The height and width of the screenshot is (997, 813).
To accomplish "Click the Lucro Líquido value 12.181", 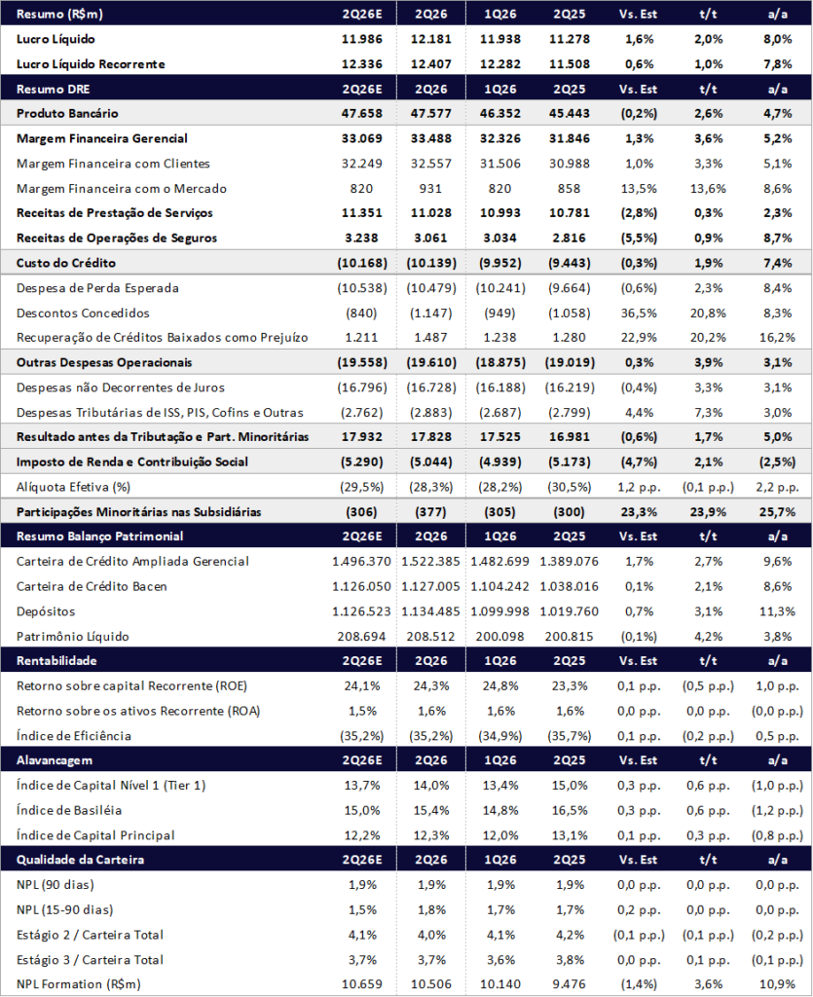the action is click(x=431, y=39).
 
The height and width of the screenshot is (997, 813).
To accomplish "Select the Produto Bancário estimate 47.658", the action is click(x=361, y=113).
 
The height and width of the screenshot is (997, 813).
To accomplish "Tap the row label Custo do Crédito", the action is click(x=66, y=263).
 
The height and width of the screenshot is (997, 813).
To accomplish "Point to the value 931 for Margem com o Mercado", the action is click(x=430, y=188).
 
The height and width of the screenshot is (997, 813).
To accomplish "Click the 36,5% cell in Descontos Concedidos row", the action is click(x=639, y=313).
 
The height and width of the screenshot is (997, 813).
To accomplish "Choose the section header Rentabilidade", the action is click(x=56, y=661).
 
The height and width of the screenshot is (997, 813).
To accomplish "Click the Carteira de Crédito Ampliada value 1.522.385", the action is click(x=430, y=562).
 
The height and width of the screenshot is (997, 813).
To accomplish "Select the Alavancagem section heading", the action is click(x=54, y=759).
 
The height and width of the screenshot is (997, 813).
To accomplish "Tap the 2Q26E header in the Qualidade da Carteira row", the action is click(x=361, y=860).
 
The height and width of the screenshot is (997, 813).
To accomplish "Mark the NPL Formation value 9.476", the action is click(x=569, y=984).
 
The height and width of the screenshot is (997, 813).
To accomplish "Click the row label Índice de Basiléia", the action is click(x=69, y=810).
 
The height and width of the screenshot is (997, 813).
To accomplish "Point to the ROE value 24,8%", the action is click(x=500, y=685).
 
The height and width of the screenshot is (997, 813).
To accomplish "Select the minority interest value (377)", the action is click(x=430, y=512).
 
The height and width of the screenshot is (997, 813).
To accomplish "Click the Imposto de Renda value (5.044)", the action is click(x=430, y=462).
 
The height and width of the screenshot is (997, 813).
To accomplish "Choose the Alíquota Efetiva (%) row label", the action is click(x=73, y=487).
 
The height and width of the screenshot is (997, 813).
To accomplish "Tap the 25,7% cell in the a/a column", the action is click(x=777, y=512).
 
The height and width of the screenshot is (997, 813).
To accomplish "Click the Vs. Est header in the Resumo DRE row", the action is click(x=638, y=89).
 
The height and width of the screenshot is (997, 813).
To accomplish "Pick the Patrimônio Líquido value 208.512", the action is click(x=431, y=636).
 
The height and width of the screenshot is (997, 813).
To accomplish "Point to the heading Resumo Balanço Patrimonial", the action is click(x=99, y=536).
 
